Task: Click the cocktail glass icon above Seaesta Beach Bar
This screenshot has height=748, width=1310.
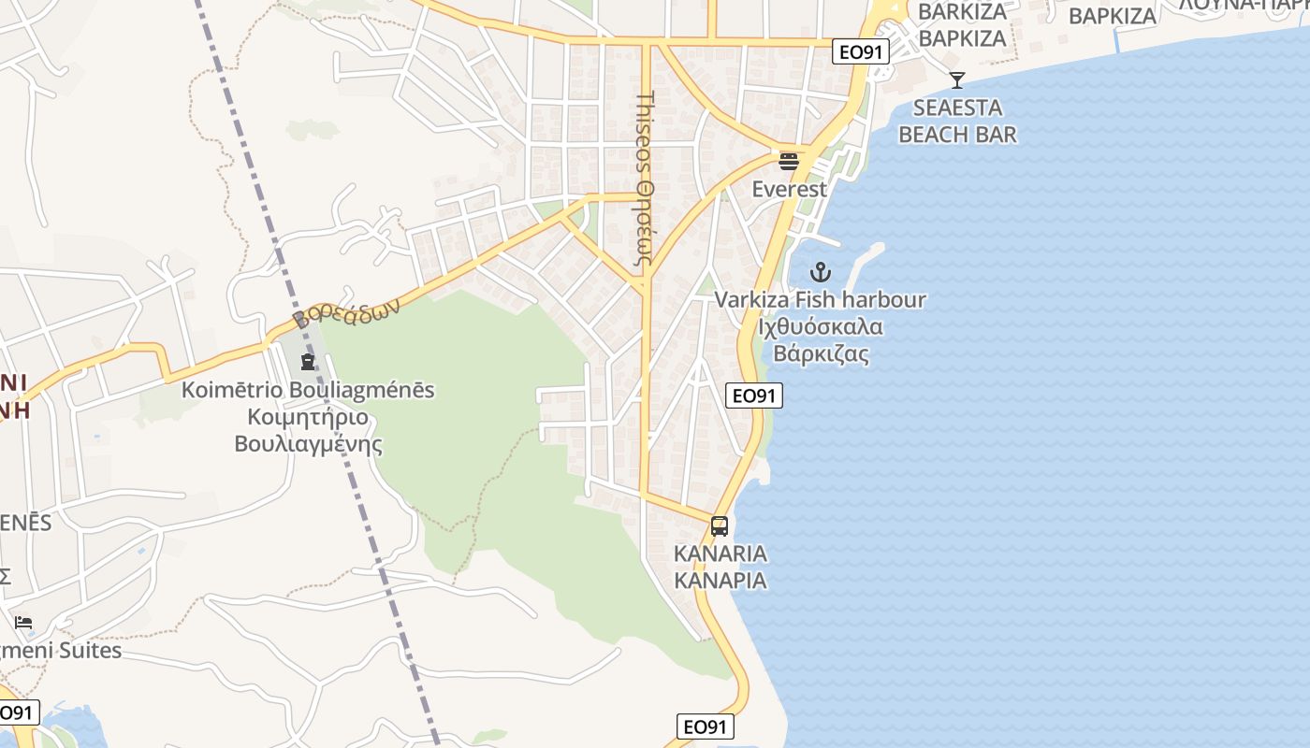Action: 956,80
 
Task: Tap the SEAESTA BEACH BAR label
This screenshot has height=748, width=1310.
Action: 957,121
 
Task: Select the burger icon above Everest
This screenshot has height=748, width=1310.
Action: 789,161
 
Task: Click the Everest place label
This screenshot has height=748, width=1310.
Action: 790,189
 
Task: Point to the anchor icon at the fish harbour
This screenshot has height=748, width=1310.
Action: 821,273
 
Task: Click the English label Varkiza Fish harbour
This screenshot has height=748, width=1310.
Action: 821,300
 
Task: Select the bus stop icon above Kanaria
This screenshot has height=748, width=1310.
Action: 719,526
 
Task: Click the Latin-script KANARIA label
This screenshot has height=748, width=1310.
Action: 720,554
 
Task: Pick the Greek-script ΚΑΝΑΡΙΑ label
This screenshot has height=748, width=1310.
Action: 720,581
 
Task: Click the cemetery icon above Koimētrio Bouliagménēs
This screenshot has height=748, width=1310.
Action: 308,362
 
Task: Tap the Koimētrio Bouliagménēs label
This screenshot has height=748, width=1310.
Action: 308,390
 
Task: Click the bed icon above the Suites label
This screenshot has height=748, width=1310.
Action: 23,623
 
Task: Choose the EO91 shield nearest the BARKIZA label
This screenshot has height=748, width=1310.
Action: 860,52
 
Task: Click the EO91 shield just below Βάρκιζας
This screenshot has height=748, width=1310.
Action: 753,396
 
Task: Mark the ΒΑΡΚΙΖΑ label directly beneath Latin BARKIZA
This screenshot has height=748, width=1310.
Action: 962,38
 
